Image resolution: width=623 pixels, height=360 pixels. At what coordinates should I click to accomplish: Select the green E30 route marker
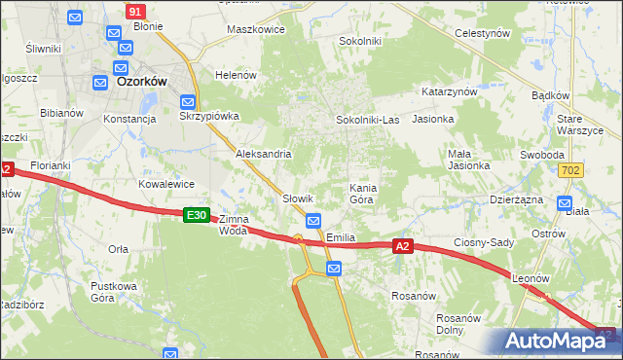[x=196, y=215]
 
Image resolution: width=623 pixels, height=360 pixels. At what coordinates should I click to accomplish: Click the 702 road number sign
[x=572, y=169]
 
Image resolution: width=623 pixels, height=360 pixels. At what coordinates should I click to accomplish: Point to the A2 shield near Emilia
[x=404, y=247]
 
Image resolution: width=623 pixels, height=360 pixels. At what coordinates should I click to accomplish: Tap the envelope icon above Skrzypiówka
[x=188, y=100]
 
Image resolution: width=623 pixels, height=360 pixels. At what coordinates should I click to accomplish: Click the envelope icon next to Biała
[x=564, y=203]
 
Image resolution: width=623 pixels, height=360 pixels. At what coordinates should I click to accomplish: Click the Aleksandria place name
[x=263, y=154]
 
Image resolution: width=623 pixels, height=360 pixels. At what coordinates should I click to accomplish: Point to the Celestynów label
[x=483, y=32]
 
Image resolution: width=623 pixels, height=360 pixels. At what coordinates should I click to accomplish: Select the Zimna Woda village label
[x=234, y=225]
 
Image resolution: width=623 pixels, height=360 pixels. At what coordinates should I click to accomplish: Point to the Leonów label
[x=531, y=278]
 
